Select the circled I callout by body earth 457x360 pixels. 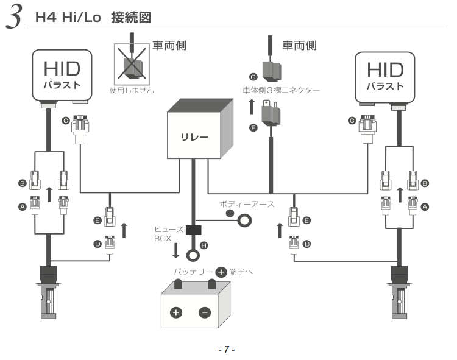click(230, 214)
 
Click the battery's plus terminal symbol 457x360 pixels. click(176, 312)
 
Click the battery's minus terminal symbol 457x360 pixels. click(205, 312)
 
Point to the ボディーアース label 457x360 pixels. click(247, 205)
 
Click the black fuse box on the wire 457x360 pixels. click(194, 231)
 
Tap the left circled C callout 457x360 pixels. click(65, 121)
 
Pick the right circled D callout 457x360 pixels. click(306, 244)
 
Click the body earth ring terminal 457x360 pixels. click(245, 221)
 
